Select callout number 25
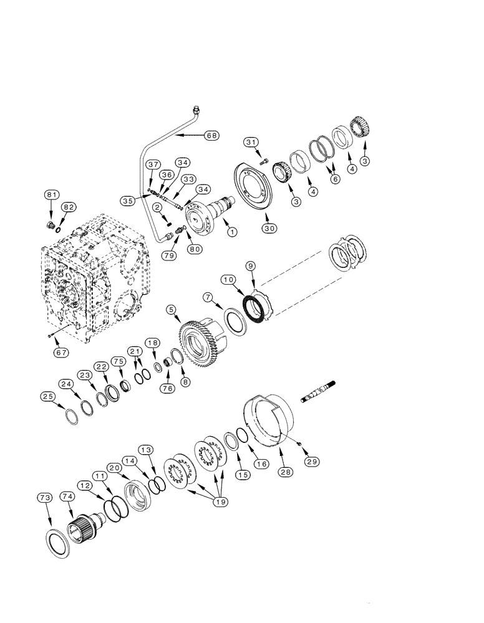(47, 397)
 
